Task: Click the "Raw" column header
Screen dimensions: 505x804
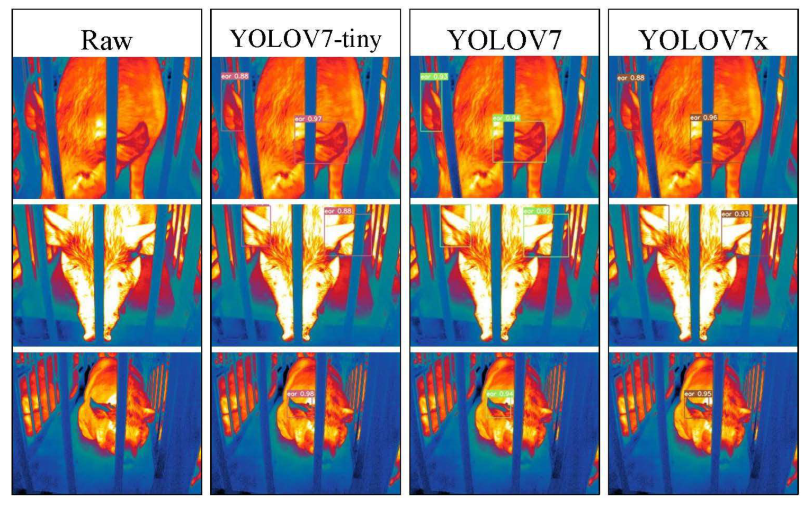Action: tap(106, 40)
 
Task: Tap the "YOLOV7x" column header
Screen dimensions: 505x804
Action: tap(703, 40)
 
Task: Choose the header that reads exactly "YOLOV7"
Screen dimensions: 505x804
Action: tap(504, 40)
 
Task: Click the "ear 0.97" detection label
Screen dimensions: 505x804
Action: tap(308, 119)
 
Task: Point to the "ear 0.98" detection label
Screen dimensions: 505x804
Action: tap(301, 394)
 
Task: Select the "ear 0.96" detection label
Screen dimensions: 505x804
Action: tap(704, 117)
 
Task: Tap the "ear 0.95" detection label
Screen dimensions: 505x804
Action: tap(698, 394)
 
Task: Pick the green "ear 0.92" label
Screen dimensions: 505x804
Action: tap(538, 211)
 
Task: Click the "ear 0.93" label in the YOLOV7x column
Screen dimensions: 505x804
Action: tap(736, 214)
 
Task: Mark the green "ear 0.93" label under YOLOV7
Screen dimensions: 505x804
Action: tap(434, 77)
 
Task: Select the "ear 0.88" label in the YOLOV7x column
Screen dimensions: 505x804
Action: tap(630, 78)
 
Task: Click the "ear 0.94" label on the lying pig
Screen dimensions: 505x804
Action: tap(499, 394)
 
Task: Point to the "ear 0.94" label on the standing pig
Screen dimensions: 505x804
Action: tap(506, 118)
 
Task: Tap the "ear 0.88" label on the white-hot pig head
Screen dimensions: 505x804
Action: tap(338, 211)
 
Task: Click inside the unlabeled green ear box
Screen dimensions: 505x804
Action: tap(455, 226)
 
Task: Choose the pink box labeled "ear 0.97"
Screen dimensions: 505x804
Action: tap(321, 142)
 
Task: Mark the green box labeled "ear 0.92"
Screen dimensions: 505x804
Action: tap(546, 236)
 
